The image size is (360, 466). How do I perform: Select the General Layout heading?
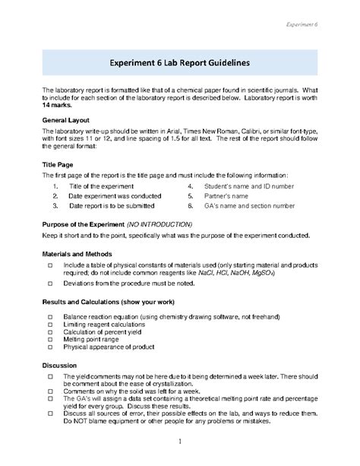(66, 120)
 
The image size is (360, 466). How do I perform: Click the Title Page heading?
(58, 164)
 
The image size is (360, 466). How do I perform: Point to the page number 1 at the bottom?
(179, 442)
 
